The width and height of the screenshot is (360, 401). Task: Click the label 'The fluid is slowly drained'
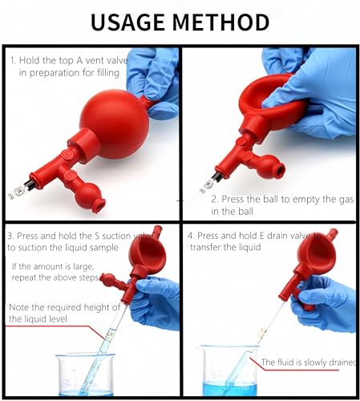309,362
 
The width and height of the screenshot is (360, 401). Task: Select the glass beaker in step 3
87,372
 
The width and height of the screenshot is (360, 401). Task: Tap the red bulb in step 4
318,257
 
